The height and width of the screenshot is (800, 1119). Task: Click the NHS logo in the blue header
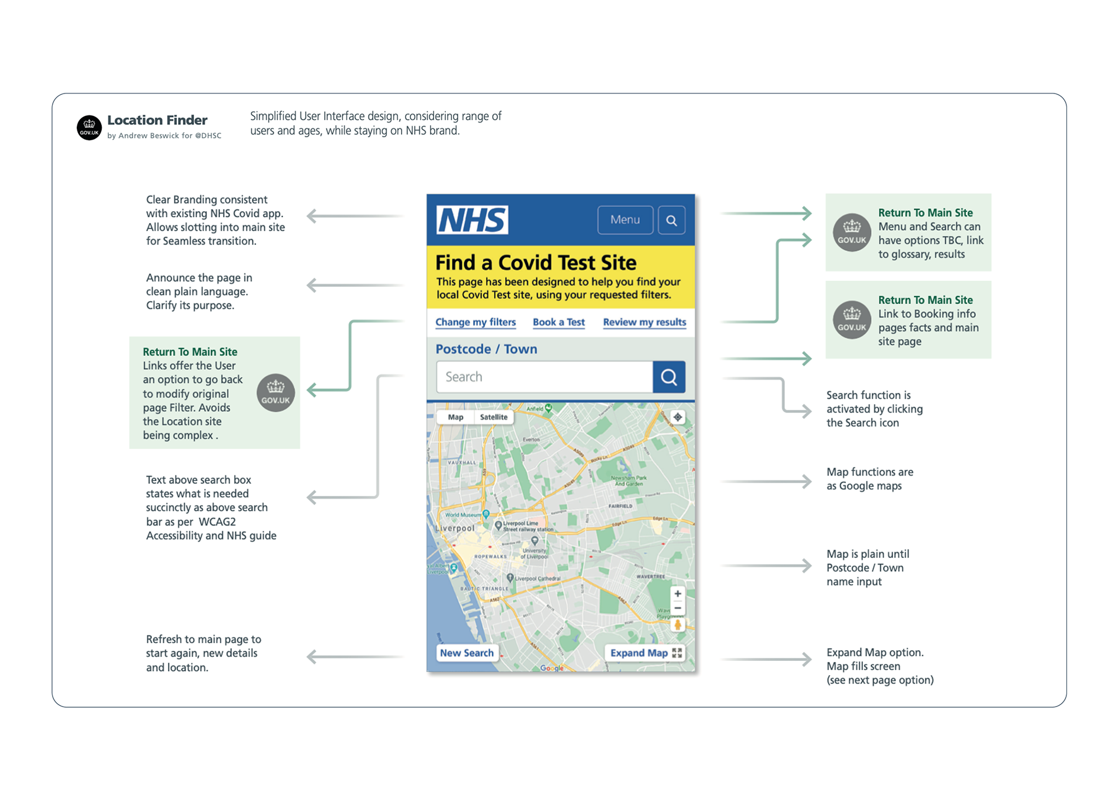point(472,220)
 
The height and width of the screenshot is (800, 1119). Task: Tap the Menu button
point(625,220)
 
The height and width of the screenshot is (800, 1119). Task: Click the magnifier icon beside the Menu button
point(671,220)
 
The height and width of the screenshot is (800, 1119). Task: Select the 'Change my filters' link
point(476,322)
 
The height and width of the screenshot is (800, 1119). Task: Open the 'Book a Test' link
point(558,322)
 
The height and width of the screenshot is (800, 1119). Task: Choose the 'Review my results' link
point(644,322)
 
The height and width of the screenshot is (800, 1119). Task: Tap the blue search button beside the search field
point(669,377)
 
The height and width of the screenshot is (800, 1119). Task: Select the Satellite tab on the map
point(494,417)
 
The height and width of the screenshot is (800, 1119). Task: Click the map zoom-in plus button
point(678,593)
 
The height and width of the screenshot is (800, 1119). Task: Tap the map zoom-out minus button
point(678,608)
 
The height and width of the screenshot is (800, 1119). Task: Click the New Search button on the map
point(467,653)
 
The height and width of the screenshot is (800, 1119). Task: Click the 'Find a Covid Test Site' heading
point(536,262)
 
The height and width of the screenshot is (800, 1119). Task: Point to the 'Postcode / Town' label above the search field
point(486,349)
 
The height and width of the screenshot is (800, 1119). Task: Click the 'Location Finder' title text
point(157,120)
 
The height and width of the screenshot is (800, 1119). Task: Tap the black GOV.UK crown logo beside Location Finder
point(89,127)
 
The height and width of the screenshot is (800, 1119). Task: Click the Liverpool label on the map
point(455,528)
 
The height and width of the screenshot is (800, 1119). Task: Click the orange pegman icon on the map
point(678,624)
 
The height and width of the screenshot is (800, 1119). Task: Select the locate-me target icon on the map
point(678,417)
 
